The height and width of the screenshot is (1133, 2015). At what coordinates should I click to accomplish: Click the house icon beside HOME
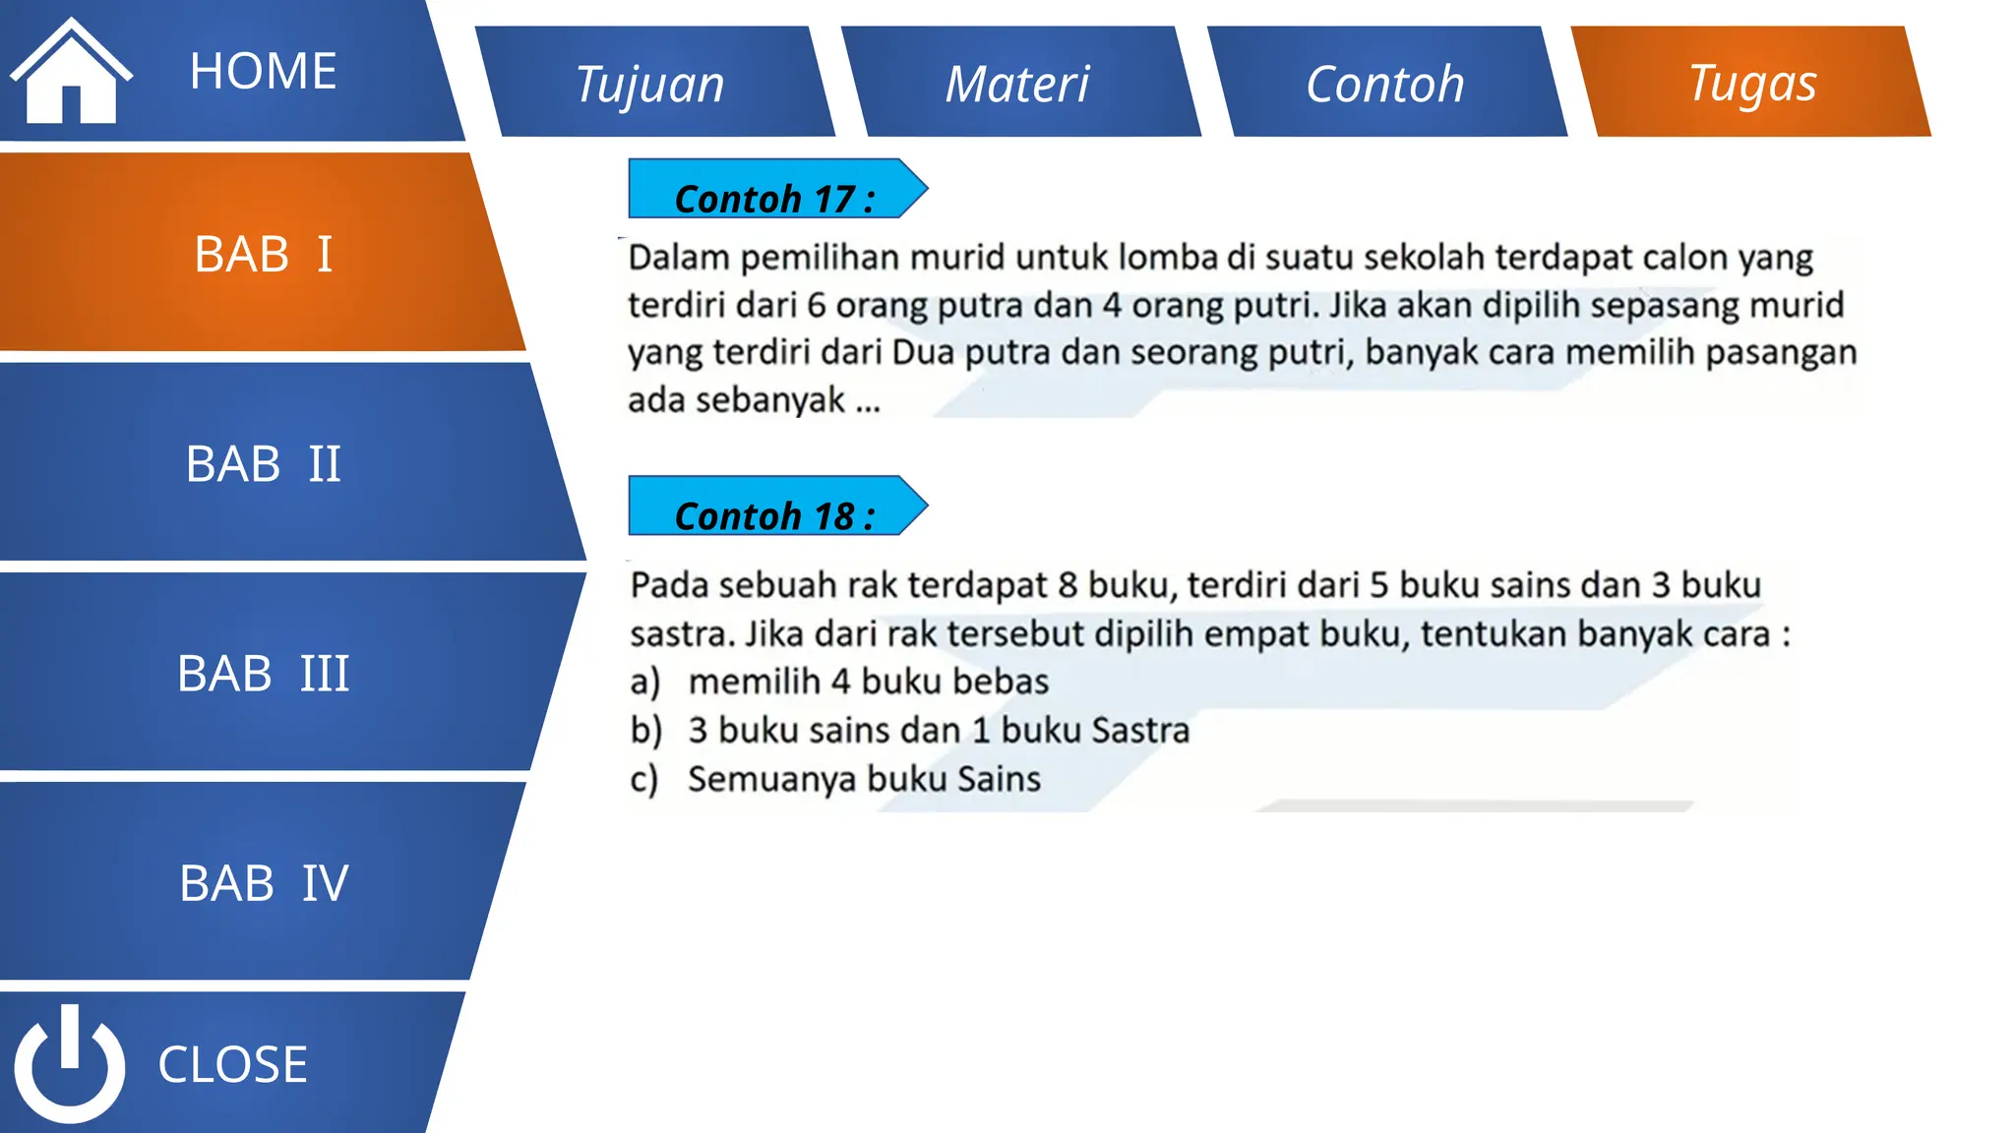tap(70, 74)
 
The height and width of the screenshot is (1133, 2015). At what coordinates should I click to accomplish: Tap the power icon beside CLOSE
tap(69, 1064)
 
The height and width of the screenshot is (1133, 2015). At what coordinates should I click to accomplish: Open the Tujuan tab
tap(650, 84)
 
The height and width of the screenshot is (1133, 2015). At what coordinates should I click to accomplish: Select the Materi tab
tap(1017, 84)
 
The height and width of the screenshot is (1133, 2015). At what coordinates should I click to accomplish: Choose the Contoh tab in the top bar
tap(1384, 84)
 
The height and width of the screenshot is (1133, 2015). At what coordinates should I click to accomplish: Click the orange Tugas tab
tap(1752, 83)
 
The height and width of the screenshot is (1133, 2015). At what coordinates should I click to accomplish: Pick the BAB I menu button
tap(263, 254)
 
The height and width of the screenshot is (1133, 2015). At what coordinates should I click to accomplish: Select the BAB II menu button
tap(263, 463)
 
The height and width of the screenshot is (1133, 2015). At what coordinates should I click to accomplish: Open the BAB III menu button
tap(263, 674)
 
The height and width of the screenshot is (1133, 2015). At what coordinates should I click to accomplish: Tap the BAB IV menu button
tap(263, 883)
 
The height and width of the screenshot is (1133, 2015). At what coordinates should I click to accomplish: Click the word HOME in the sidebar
tap(263, 72)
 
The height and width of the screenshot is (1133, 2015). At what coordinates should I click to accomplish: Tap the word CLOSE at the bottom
tap(232, 1064)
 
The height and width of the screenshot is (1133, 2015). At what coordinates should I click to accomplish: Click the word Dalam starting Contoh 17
tap(679, 258)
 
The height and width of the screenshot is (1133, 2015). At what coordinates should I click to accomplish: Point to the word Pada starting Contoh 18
tap(669, 585)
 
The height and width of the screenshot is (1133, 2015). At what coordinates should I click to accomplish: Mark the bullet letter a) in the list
tap(644, 682)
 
